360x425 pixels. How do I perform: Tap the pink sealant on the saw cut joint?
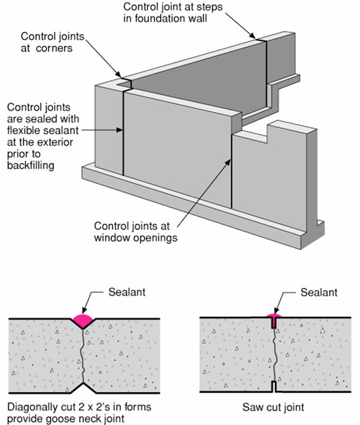(274, 315)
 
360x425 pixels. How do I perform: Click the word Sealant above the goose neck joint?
(127, 292)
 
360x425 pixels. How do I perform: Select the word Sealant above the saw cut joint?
(319, 293)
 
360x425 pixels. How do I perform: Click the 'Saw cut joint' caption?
(273, 407)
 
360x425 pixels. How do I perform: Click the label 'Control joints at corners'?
(52, 42)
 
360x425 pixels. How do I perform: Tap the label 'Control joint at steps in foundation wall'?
(172, 12)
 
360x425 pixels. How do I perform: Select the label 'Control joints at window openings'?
(136, 232)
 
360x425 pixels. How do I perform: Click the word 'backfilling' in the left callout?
(31, 165)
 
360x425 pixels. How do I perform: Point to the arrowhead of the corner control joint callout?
(118, 75)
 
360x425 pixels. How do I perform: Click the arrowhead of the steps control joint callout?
(252, 36)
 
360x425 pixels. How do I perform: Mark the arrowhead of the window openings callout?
(228, 163)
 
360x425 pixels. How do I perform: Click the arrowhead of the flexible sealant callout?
(119, 130)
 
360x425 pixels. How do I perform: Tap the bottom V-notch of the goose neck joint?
(83, 388)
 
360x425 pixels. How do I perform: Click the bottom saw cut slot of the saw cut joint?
(275, 386)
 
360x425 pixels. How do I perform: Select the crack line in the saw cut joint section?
(274, 355)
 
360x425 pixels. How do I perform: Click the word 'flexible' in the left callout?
(23, 131)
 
